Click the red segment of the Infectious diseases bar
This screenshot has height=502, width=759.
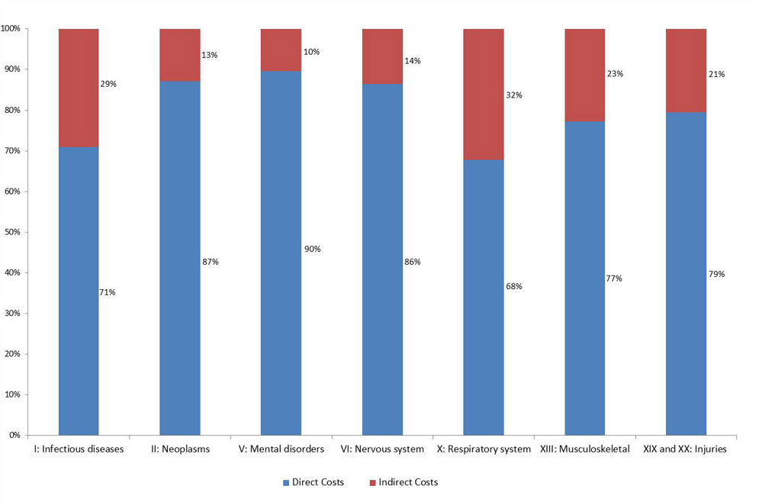coord(79,88)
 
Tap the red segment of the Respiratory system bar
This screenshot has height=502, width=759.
coord(484,95)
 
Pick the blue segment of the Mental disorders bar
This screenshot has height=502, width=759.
coord(281,253)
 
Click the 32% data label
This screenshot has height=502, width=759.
coord(514,95)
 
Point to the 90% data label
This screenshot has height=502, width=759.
coord(312,249)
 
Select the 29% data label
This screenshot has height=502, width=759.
coord(108,84)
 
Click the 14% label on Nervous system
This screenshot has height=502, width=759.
coord(413,61)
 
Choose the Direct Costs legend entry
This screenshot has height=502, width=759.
coord(313,482)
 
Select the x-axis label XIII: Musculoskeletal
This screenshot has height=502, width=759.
coord(584,449)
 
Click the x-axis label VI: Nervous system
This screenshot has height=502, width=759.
coord(382,449)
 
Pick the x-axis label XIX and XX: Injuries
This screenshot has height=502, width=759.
coord(686,449)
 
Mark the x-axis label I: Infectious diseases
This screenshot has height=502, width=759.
coord(79,449)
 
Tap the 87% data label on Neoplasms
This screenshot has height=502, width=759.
coord(211,262)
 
